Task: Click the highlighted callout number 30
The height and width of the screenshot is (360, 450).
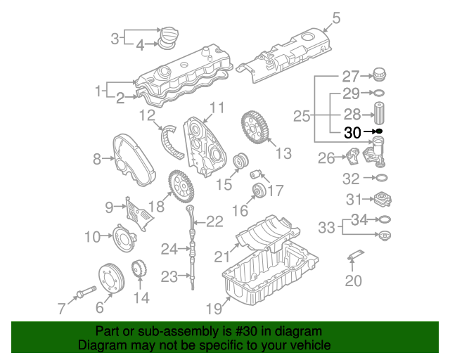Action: [352, 133]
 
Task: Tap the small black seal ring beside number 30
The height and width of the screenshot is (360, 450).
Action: [379, 131]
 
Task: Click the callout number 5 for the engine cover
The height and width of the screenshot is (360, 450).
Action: [336, 18]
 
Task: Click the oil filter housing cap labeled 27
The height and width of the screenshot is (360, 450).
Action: [380, 75]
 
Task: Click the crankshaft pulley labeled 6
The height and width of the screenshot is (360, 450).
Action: [112, 278]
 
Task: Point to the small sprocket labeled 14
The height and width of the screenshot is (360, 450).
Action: [139, 269]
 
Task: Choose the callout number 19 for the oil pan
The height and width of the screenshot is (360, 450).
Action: [214, 309]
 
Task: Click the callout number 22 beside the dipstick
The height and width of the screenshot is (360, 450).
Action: [215, 221]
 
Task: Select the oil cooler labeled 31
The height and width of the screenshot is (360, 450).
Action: [382, 199]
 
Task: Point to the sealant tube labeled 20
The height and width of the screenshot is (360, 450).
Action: [356, 255]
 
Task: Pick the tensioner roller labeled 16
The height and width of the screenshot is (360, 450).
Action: [259, 191]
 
